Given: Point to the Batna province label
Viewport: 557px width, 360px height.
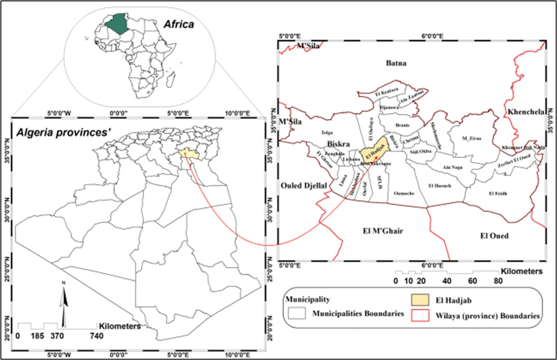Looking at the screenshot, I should (x=396, y=63).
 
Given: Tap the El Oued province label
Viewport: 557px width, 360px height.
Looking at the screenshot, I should (x=494, y=236).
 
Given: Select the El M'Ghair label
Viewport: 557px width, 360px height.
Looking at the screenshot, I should (x=383, y=231).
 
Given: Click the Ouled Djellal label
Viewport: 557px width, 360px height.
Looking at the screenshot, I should (x=304, y=186).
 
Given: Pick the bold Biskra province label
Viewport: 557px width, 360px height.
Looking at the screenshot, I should (x=338, y=144).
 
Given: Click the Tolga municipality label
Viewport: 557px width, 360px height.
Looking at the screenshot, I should (x=327, y=132).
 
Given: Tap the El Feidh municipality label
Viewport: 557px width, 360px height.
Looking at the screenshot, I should (x=498, y=194).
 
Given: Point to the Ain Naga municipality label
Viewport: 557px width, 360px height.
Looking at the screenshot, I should (x=453, y=167).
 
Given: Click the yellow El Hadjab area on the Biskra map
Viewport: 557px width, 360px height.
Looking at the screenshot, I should (x=375, y=150).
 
